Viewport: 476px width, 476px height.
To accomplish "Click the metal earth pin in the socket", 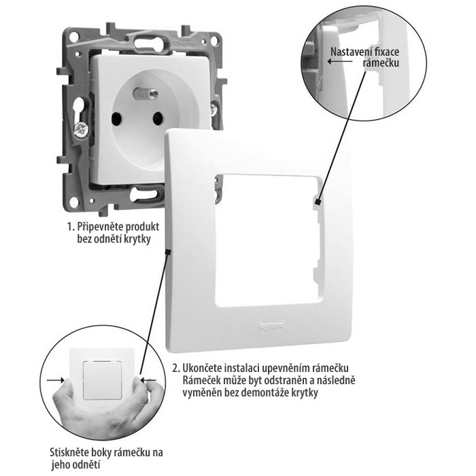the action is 146,94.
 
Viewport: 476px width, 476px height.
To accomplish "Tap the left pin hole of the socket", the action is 116,119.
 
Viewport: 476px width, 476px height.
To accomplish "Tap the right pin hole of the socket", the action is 158,118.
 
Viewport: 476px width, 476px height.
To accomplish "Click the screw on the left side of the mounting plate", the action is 81,131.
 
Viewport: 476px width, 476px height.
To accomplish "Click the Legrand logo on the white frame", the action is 271,326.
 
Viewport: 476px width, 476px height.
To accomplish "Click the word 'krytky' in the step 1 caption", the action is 137,239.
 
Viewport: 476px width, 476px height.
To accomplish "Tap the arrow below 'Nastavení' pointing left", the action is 340,62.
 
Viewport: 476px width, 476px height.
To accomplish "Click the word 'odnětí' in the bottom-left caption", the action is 87,464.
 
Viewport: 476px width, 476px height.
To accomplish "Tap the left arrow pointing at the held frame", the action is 56,379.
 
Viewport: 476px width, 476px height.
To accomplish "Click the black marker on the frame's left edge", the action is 167,252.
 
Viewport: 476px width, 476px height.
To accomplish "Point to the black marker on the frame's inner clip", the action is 318,202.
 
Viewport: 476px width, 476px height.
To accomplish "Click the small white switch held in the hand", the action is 102,379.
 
